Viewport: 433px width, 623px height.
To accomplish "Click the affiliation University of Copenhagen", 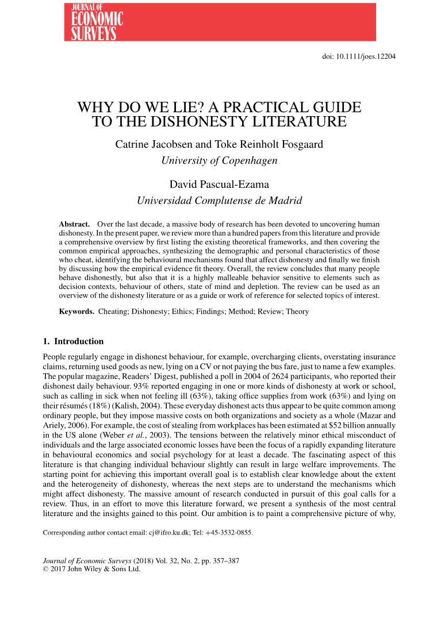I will click(x=219, y=160).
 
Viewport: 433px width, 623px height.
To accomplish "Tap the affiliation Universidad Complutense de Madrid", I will click(x=219, y=201).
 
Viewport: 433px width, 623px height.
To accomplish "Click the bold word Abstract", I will click(x=75, y=223).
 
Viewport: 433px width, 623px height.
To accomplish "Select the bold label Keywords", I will click(x=77, y=311).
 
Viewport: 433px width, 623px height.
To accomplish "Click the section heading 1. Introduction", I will click(x=74, y=341).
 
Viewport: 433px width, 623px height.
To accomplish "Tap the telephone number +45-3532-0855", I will click(x=231, y=532).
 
